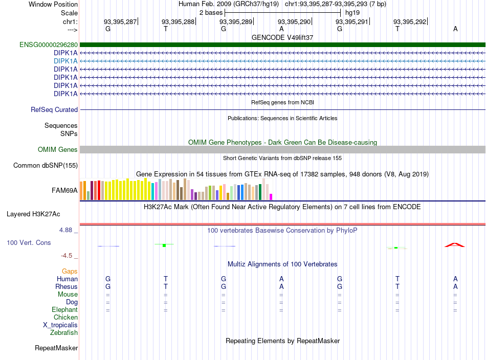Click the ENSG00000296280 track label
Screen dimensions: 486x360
pyautogui.click(x=49, y=45)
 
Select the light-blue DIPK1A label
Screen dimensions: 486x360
pyautogui.click(x=65, y=61)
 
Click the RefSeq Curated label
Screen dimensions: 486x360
pyautogui.click(x=54, y=109)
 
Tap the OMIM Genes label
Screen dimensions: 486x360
pyautogui.click(x=58, y=150)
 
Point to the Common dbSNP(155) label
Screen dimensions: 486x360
pyautogui.click(x=46, y=166)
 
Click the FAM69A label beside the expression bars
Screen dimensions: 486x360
pyautogui.click(x=64, y=191)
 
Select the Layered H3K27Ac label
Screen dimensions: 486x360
pyautogui.click(x=33, y=214)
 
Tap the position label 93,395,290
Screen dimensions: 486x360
pyautogui.click(x=294, y=21)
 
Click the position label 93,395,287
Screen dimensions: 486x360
pyautogui.click(x=120, y=21)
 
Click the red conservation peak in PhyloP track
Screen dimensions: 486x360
pyautogui.click(x=455, y=245)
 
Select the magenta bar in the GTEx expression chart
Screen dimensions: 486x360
pyautogui.click(x=271, y=197)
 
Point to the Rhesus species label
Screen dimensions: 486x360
pyautogui.click(x=67, y=286)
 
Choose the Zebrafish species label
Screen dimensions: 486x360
pyautogui.click(x=64, y=333)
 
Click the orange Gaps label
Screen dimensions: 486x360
pyautogui.click(x=70, y=272)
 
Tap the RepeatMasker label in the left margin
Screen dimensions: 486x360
pyautogui.click(x=56, y=348)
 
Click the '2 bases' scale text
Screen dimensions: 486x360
pyautogui.click(x=211, y=13)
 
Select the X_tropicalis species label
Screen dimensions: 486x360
pyautogui.click(x=60, y=325)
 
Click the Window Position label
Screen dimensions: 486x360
pyautogui.click(x=53, y=4)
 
